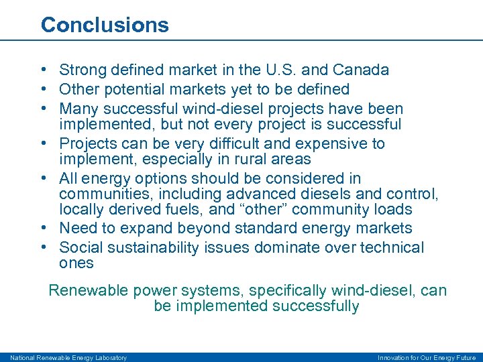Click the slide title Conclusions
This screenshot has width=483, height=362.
105,25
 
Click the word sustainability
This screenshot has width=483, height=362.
153,248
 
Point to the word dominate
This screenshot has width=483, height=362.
283,248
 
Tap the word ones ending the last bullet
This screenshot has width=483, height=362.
76,263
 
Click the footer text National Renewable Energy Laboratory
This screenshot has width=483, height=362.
68,357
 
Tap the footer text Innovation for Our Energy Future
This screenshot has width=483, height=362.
427,357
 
